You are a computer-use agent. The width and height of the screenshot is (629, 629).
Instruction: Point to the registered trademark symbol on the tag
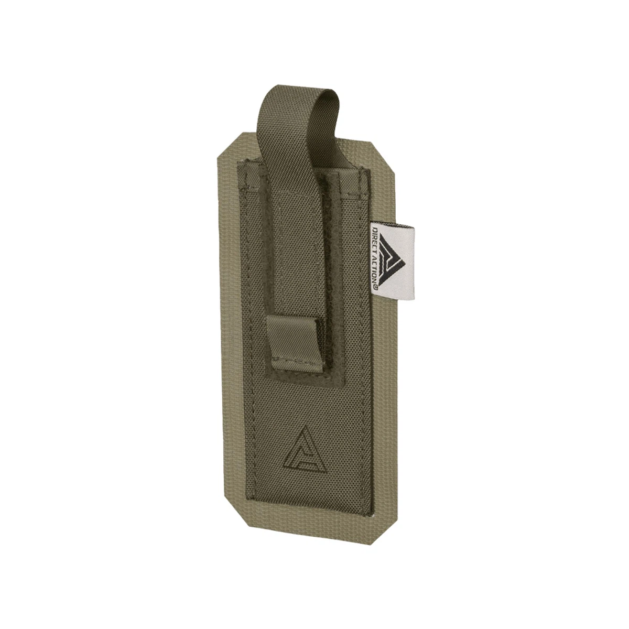[376, 287]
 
